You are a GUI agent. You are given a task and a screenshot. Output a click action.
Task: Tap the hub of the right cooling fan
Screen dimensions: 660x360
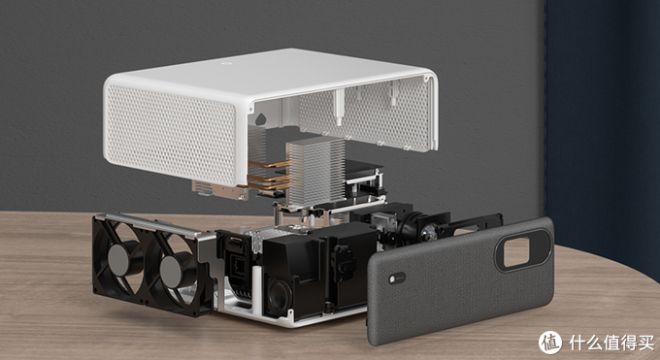172,272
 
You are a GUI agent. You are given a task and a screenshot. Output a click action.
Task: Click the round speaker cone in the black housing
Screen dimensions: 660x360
280,296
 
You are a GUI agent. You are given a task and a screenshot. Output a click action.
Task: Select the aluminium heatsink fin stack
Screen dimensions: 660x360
315,170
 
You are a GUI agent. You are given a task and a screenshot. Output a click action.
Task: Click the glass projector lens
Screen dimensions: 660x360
428,232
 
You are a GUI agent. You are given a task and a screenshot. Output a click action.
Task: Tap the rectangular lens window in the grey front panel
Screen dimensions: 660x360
516,252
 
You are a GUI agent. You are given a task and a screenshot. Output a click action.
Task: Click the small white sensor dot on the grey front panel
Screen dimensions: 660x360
392,278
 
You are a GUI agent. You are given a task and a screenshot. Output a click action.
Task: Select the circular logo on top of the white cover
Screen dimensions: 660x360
224,63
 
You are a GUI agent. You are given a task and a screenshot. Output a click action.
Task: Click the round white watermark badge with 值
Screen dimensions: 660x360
550,342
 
